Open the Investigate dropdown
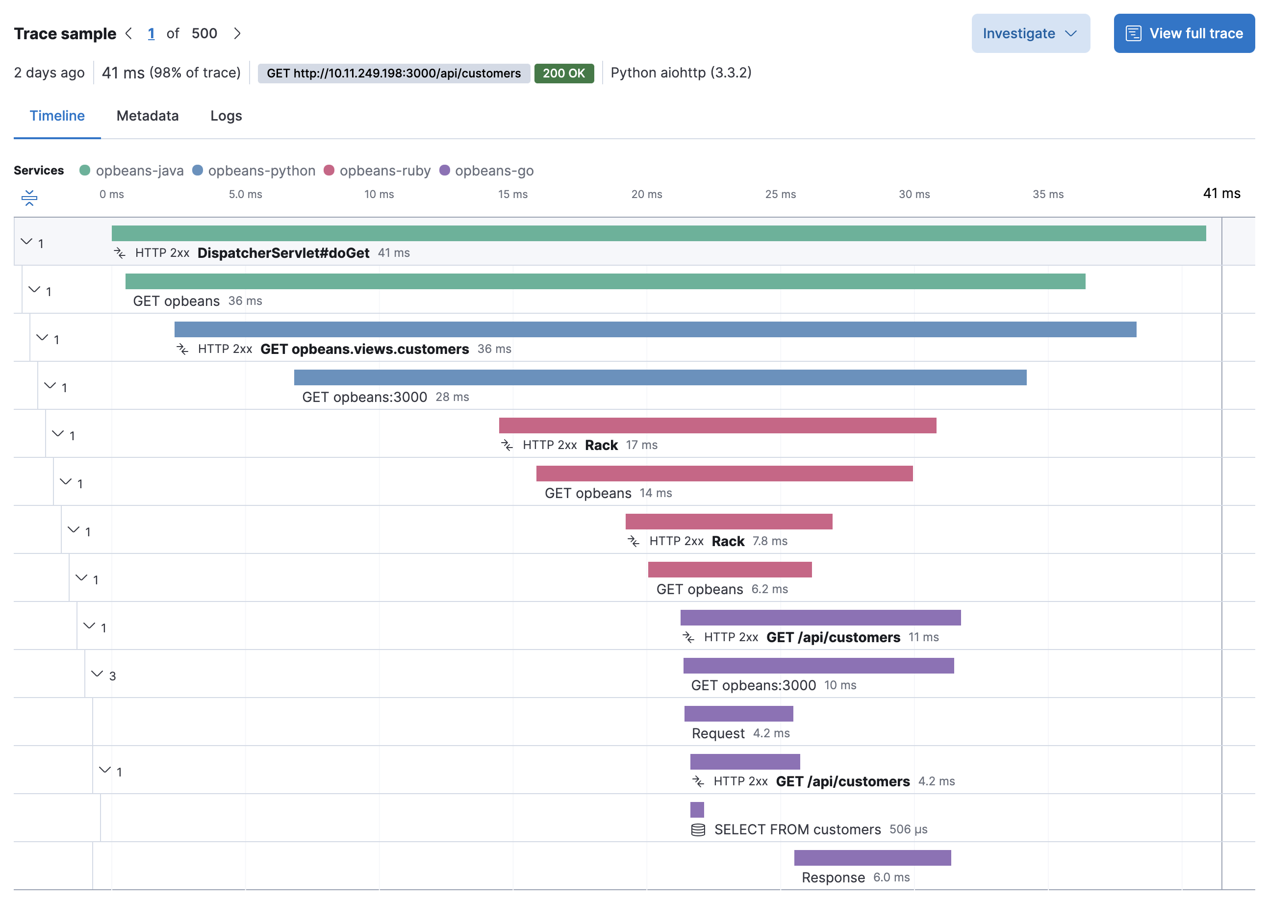coord(1029,33)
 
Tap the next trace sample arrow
coord(237,33)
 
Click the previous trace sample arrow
coord(129,33)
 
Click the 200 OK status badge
coord(563,73)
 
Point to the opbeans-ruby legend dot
coord(329,170)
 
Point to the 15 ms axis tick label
coord(512,194)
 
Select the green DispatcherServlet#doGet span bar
coord(658,233)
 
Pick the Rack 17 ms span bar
coord(717,425)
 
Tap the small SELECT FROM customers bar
coord(696,809)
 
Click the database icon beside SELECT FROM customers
coord(698,829)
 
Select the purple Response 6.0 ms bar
coord(872,858)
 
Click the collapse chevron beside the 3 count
coord(97,674)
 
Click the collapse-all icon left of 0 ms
coord(29,198)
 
